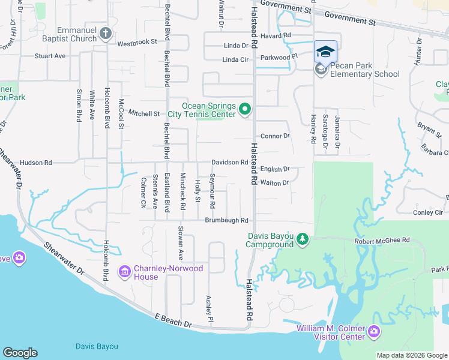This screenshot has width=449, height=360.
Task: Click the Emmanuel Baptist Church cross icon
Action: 106,33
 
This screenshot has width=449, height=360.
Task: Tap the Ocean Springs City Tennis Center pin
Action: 244,109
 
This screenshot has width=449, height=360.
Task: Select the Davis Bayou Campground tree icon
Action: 303,240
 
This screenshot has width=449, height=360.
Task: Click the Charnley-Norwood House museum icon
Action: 125,272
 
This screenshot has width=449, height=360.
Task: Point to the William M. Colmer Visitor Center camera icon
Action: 373,332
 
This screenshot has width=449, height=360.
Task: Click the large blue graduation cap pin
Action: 325,52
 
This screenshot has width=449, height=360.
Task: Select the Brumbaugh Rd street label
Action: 226,221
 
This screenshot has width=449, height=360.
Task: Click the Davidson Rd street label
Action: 229,163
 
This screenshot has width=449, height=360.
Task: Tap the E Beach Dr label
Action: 172,320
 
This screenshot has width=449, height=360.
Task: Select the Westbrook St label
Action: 137,43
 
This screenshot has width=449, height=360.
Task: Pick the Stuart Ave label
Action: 50,56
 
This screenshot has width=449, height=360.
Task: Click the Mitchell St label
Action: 145,113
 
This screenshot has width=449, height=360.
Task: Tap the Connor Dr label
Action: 275,136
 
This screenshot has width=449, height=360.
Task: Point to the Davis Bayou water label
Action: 97,346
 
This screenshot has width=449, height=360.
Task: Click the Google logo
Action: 20,353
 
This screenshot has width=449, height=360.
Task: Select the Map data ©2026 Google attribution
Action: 412,355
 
